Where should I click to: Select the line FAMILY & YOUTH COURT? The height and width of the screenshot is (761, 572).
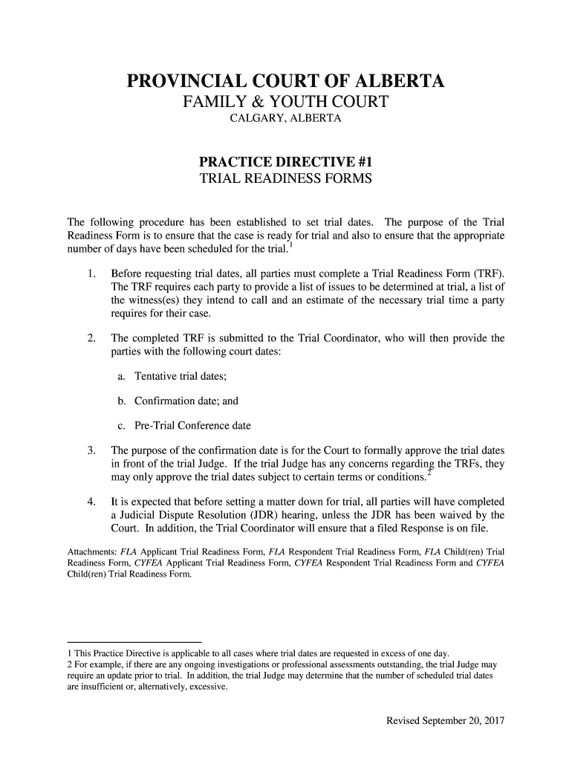[x=286, y=103]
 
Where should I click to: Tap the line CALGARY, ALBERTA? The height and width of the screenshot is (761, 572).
[x=286, y=120]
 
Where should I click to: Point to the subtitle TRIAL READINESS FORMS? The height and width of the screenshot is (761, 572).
[x=286, y=179]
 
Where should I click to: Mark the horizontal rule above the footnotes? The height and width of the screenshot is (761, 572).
[x=134, y=641]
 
